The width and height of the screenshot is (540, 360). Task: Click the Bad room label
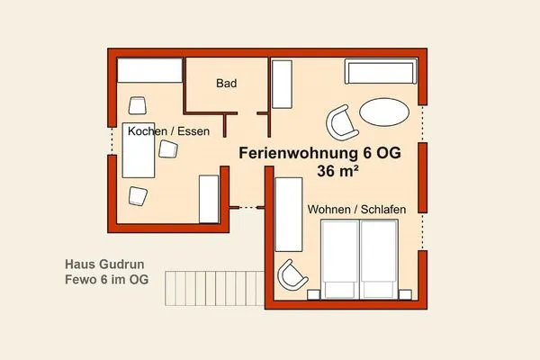pyautogui.click(x=226, y=84)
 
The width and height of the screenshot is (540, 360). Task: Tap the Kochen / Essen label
pyautogui.click(x=168, y=131)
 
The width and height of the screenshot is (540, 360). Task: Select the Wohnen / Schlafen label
pyautogui.click(x=356, y=209)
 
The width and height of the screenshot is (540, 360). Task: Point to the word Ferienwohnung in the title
pyautogui.click(x=294, y=153)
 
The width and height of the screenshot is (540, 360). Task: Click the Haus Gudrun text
pyautogui.click(x=104, y=265)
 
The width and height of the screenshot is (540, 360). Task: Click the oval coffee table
pyautogui.click(x=383, y=114)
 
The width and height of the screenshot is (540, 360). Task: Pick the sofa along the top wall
pyautogui.click(x=378, y=73)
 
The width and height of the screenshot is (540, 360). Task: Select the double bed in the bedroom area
pyautogui.click(x=360, y=259)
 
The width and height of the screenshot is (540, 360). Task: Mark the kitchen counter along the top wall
pyautogui.click(x=149, y=69)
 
